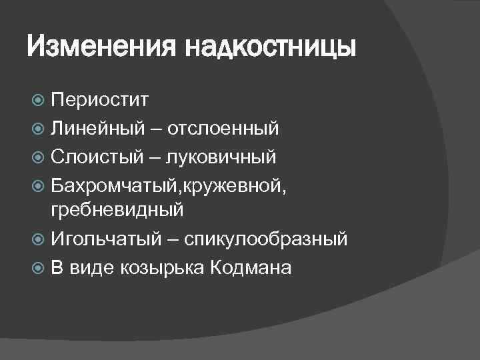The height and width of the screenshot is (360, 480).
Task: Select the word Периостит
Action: (x=101, y=101)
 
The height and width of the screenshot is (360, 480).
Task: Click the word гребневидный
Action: (x=117, y=211)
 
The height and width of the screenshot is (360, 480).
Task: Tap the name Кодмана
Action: (x=251, y=268)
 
